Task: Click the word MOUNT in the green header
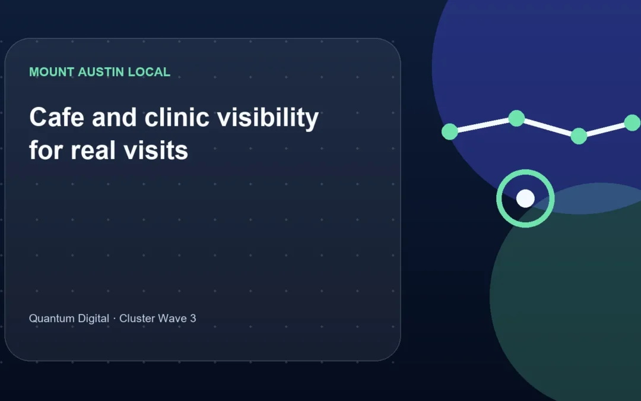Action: [52, 72]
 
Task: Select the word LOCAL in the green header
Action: [149, 72]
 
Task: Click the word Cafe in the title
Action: [57, 118]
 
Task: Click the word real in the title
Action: [93, 150]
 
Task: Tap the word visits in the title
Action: [156, 150]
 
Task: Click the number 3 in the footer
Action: [193, 318]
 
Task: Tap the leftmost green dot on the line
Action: [450, 132]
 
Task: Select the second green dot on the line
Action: [516, 118]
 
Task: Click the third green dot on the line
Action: [579, 136]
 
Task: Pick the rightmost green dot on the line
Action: [633, 123]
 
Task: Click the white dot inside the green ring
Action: [525, 198]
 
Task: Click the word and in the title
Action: [115, 118]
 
